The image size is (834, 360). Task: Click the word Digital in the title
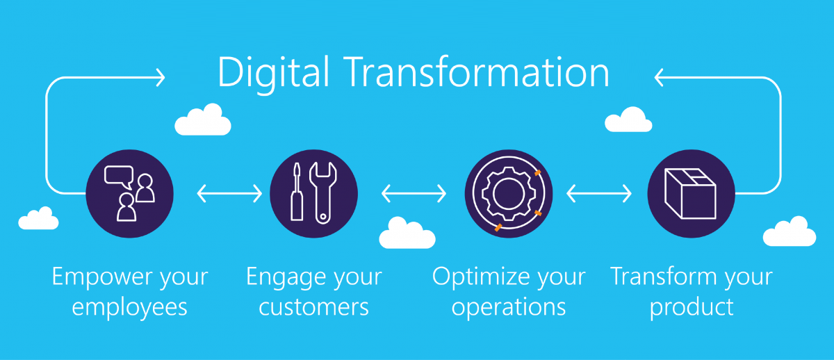point(274,73)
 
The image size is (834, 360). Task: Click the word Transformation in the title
point(478,72)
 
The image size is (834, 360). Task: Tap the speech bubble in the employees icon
point(119,177)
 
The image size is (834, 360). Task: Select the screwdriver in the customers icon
point(297,192)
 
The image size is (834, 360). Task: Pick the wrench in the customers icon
point(322,193)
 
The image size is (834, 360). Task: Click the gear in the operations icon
point(509,194)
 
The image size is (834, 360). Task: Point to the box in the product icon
point(691,194)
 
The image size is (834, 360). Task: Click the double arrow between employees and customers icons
point(229,194)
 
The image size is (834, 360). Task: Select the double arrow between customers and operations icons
point(414,194)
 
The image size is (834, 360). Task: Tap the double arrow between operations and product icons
point(598,194)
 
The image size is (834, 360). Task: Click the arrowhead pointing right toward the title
point(161,77)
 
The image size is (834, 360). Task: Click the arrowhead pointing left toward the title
point(659,77)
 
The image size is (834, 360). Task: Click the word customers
point(314,307)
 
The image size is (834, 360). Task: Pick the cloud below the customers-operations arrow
point(407,234)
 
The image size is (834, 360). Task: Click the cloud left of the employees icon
point(38,219)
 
